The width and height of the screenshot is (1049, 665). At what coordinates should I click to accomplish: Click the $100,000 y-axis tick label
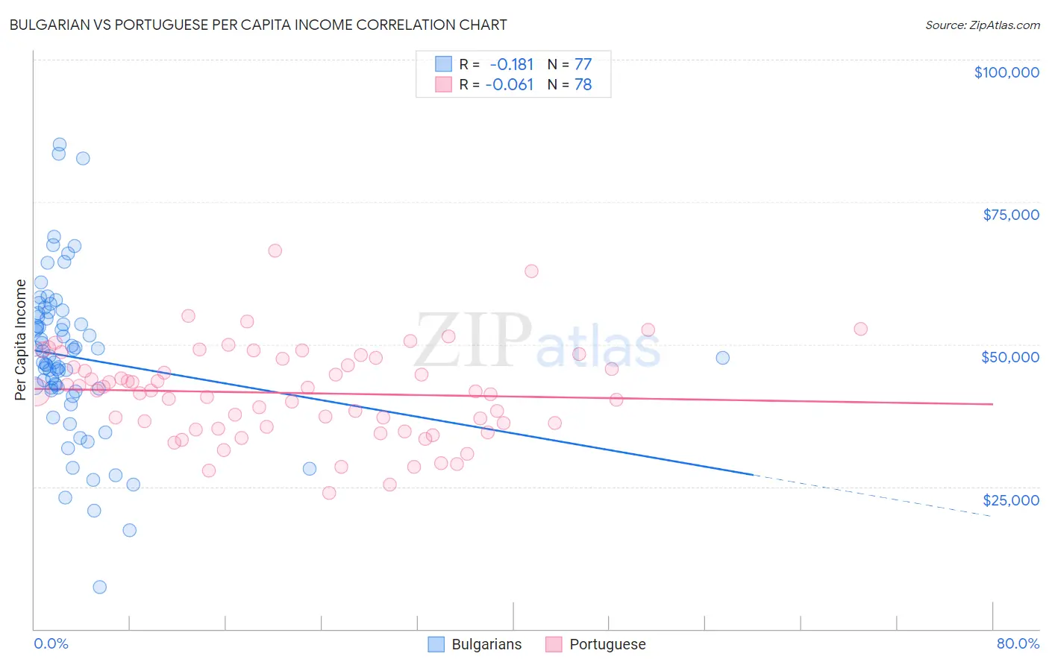coord(1006,72)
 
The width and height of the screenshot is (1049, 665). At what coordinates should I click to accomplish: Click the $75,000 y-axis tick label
coord(1010,215)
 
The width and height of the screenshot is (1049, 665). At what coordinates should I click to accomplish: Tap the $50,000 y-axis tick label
coord(1009,357)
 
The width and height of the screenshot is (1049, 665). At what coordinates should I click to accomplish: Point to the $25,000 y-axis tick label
coord(1010,500)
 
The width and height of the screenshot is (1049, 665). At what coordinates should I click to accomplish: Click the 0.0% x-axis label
coord(51,643)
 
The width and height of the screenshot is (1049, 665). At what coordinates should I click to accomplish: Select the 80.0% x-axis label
coord(1018,643)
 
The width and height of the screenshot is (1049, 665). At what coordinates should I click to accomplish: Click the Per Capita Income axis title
coord(21,339)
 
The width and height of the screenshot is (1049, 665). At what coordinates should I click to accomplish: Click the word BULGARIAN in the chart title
coord(53,25)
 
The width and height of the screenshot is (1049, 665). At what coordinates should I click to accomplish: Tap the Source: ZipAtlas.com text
coord(982,25)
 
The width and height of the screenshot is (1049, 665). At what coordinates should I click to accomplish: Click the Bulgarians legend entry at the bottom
coord(475,644)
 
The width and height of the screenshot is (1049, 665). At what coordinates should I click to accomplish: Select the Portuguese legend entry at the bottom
coord(595,644)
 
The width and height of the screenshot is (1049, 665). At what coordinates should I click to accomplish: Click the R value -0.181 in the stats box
coord(512,64)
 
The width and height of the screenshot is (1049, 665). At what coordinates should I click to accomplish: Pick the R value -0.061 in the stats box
coord(510,84)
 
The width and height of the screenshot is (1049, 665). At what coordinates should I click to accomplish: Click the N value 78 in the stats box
coord(583,84)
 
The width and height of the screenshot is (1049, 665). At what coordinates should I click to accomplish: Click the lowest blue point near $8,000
coord(99,587)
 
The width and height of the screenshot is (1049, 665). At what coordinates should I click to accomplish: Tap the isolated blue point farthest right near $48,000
coord(722,358)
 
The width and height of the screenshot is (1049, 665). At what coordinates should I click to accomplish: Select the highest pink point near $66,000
coord(275,250)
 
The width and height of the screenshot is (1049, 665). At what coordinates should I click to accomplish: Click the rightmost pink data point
coord(860,329)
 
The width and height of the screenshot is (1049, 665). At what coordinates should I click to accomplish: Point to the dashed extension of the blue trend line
coord(873,495)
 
